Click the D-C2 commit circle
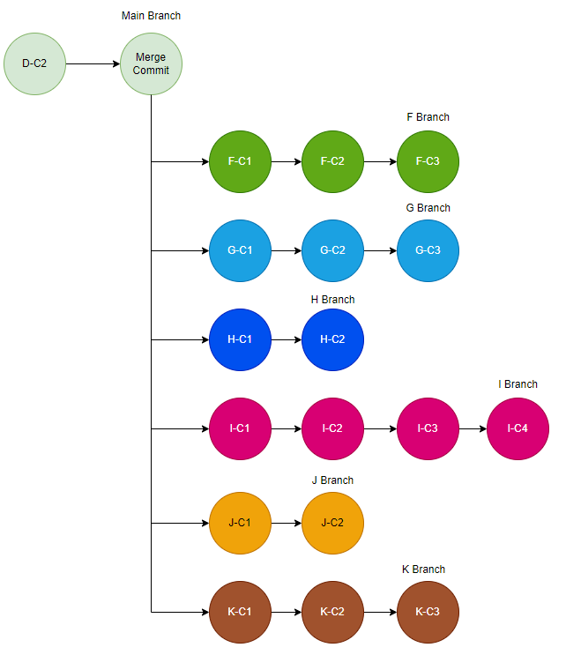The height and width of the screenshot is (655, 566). pyautogui.click(x=34, y=63)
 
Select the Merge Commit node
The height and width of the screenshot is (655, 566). pyautogui.click(x=151, y=63)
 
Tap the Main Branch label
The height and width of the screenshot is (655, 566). pyautogui.click(x=151, y=16)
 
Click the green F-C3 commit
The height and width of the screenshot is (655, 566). pyautogui.click(x=428, y=162)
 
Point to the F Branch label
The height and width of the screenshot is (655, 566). pyautogui.click(x=428, y=117)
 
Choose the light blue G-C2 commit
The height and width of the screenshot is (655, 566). pyautogui.click(x=332, y=250)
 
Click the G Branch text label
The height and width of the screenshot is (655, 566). pyautogui.click(x=428, y=208)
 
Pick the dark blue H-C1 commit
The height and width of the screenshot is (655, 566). pyautogui.click(x=240, y=339)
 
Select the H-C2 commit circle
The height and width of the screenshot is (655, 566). pyautogui.click(x=332, y=339)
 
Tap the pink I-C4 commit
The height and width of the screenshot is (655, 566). pyautogui.click(x=518, y=429)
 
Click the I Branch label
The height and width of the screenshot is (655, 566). pyautogui.click(x=518, y=384)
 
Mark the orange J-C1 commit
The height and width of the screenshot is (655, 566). pyautogui.click(x=240, y=523)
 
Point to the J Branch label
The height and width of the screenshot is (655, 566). pyautogui.click(x=332, y=480)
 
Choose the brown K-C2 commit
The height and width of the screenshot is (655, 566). pyautogui.click(x=332, y=612)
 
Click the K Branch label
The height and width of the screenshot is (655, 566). pyautogui.click(x=423, y=569)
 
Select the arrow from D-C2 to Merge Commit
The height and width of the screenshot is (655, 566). pyautogui.click(x=93, y=63)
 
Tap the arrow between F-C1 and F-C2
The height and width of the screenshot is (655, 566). pyautogui.click(x=286, y=162)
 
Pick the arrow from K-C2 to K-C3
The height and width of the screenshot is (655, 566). pyautogui.click(x=380, y=612)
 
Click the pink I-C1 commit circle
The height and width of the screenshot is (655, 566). pyautogui.click(x=240, y=429)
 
